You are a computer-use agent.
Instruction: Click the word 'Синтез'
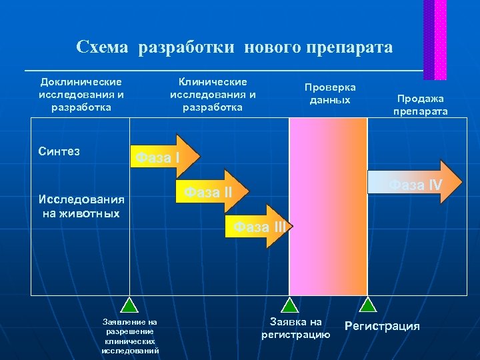tap(59, 151)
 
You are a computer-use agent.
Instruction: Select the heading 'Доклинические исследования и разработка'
tap(81, 95)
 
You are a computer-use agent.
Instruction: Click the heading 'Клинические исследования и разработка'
tap(213, 95)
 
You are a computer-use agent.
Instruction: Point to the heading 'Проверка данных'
tap(330, 94)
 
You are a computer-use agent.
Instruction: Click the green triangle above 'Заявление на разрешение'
tap(129, 305)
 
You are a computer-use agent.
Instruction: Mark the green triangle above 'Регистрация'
tap(367, 305)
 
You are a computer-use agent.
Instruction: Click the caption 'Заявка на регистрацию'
tap(295, 328)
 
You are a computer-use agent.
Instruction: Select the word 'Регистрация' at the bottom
tap(382, 326)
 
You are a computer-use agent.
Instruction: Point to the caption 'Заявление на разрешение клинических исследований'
tap(130, 336)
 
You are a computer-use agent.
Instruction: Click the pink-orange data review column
tap(327, 207)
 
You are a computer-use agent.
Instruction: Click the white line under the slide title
tap(223, 70)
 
